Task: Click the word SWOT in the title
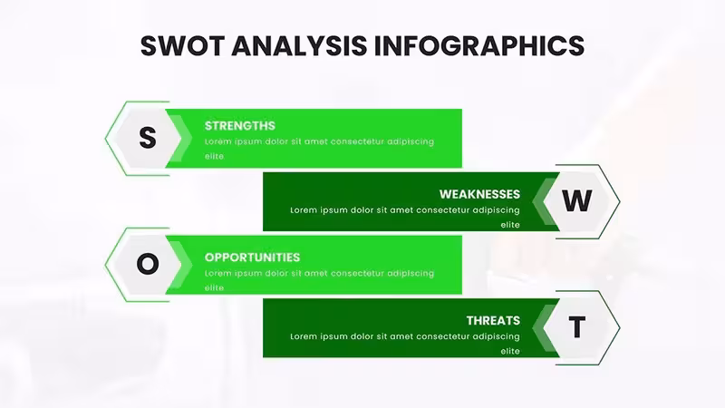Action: click(x=182, y=45)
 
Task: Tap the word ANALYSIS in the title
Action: click(x=300, y=45)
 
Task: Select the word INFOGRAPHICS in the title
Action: click(x=479, y=45)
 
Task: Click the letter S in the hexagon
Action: click(x=148, y=138)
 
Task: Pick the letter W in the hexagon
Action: click(x=576, y=200)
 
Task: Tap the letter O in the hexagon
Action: click(x=148, y=264)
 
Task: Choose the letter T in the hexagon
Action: click(x=576, y=327)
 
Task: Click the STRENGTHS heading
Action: click(x=240, y=126)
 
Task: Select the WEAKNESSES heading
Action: click(x=479, y=194)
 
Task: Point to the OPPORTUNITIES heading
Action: click(x=253, y=257)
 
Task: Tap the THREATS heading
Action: click(x=493, y=321)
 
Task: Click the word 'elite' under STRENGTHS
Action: click(x=215, y=156)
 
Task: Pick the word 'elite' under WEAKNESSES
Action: click(x=510, y=225)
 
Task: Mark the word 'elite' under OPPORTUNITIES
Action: click(x=215, y=287)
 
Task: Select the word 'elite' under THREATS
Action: click(x=510, y=351)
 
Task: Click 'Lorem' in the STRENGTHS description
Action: click(x=217, y=141)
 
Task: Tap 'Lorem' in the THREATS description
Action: click(x=303, y=336)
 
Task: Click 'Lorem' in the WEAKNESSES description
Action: click(x=303, y=210)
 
